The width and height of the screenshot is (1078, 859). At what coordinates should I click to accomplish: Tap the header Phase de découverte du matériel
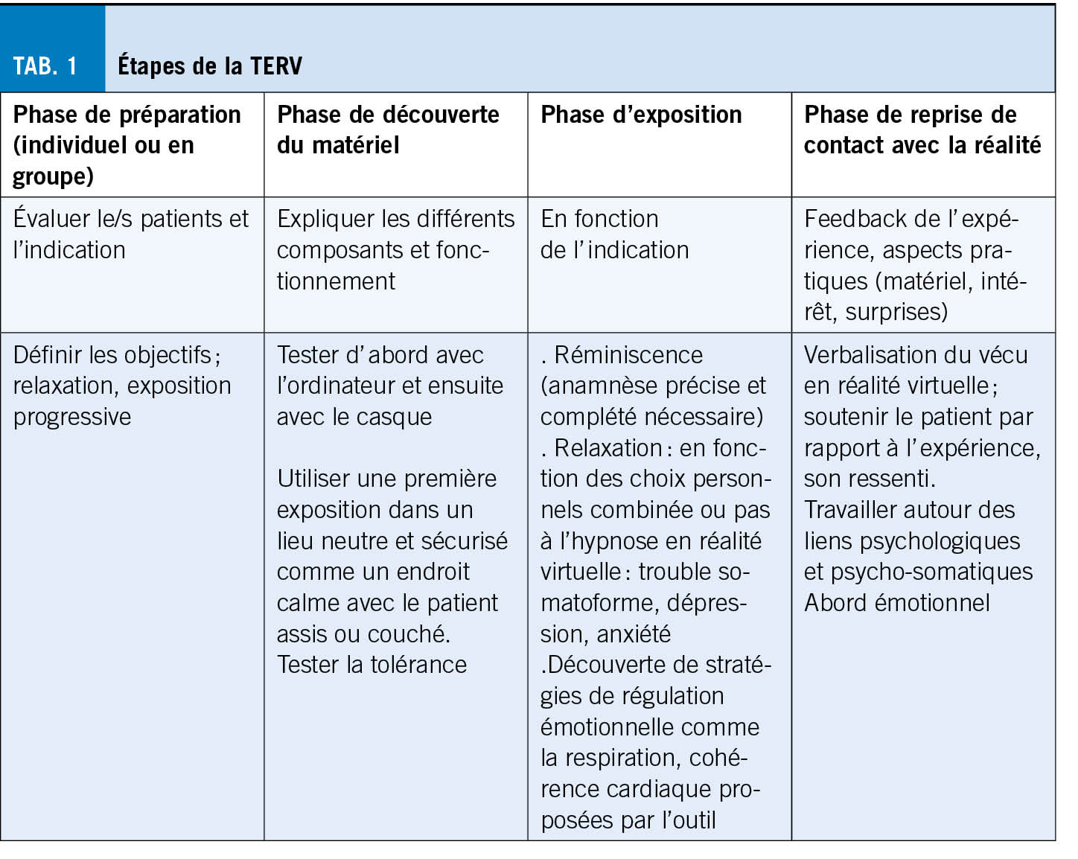click(x=388, y=130)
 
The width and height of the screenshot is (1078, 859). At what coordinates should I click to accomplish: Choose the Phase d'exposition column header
click(x=641, y=115)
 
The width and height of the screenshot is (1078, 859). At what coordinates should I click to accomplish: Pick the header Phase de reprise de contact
click(x=922, y=130)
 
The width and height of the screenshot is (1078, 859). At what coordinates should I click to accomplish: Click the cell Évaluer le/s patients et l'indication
click(x=131, y=234)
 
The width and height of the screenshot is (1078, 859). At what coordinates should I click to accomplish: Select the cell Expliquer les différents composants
click(x=395, y=249)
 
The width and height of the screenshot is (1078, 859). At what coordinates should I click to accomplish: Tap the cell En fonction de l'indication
click(x=614, y=234)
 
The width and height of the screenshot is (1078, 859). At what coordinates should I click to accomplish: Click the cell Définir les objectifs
click(x=122, y=385)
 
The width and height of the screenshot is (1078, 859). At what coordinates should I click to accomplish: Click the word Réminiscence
click(x=628, y=354)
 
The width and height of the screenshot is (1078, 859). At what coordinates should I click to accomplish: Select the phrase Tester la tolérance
click(x=371, y=664)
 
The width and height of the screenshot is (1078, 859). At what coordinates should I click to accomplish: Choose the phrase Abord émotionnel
click(x=896, y=602)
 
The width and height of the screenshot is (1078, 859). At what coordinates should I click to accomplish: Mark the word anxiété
click(x=634, y=633)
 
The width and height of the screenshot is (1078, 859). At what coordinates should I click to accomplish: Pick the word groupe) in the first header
click(x=53, y=176)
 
